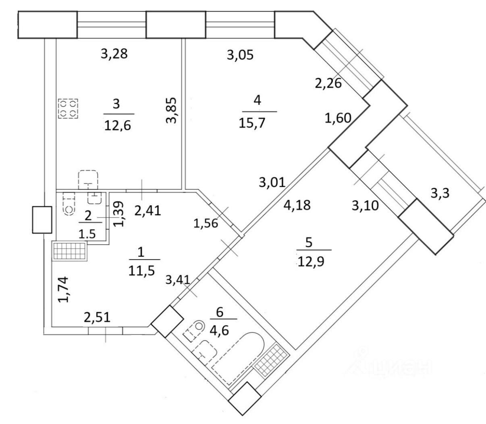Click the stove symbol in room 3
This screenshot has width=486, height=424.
pos(69,108)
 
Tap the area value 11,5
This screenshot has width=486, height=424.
pos(141,269)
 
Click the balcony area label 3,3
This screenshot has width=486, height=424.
pos(440,194)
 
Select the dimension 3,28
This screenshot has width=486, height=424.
pos(114,54)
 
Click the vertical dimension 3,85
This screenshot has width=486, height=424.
pos(172,110)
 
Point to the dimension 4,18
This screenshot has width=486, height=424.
pos(297,205)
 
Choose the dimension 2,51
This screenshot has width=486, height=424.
pos(97,317)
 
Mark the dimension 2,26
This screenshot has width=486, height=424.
pos(328,83)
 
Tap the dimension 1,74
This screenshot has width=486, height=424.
pos(64,289)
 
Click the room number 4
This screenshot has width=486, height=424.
pos(257,100)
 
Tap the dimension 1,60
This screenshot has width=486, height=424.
pos(339,118)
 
